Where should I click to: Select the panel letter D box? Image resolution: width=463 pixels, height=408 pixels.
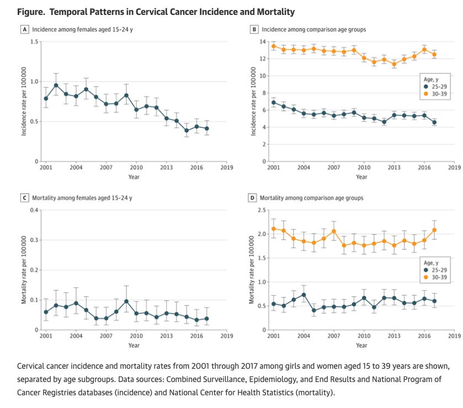click(253, 197)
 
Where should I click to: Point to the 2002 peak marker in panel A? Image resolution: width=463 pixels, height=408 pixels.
click(56, 85)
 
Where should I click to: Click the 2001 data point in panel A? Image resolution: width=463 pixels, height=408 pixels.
click(46, 98)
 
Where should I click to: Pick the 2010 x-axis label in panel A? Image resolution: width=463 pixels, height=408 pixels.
click(136, 166)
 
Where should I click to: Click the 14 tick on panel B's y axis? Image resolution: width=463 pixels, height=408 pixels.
click(263, 41)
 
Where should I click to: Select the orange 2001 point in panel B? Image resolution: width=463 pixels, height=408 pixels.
click(273, 46)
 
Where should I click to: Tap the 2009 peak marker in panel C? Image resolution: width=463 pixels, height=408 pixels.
click(126, 301)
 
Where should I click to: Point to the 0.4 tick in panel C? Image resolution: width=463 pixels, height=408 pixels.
click(35, 210)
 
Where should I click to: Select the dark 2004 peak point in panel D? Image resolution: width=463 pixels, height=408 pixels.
click(304, 295)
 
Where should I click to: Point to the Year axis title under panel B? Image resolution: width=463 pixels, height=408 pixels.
click(361, 177)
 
